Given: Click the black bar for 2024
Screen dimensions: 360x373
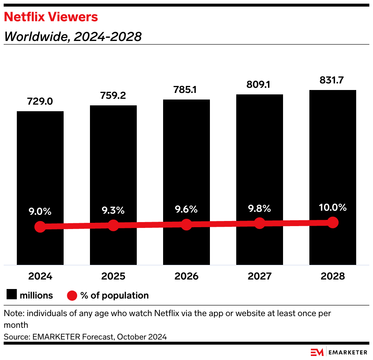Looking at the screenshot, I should (40, 165).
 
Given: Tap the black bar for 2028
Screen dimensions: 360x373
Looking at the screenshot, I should (332, 154).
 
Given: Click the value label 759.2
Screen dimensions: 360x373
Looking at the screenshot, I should (113, 95).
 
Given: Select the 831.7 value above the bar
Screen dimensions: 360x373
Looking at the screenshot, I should (332, 80).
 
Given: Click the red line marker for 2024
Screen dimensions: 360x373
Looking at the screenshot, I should (40, 227).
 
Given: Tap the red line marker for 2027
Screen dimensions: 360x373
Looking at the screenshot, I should (259, 223).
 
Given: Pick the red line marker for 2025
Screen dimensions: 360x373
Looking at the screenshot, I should (113, 225).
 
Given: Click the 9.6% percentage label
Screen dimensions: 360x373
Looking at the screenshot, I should (186, 209).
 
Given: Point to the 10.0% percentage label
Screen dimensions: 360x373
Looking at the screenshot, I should (332, 207).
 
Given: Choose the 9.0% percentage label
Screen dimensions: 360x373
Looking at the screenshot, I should (40, 211).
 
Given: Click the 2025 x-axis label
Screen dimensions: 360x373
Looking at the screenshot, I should (113, 276).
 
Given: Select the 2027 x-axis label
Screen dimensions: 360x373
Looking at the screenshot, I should (259, 276).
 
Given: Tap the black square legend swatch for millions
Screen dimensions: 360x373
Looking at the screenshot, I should (12, 295).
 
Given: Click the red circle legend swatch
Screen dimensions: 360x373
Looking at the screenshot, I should (72, 295).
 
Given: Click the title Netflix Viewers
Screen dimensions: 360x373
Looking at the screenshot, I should (51, 17).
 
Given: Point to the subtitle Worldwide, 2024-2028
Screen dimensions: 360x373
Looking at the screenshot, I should (72, 36).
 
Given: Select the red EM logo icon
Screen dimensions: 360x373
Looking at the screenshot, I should (317, 352).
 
